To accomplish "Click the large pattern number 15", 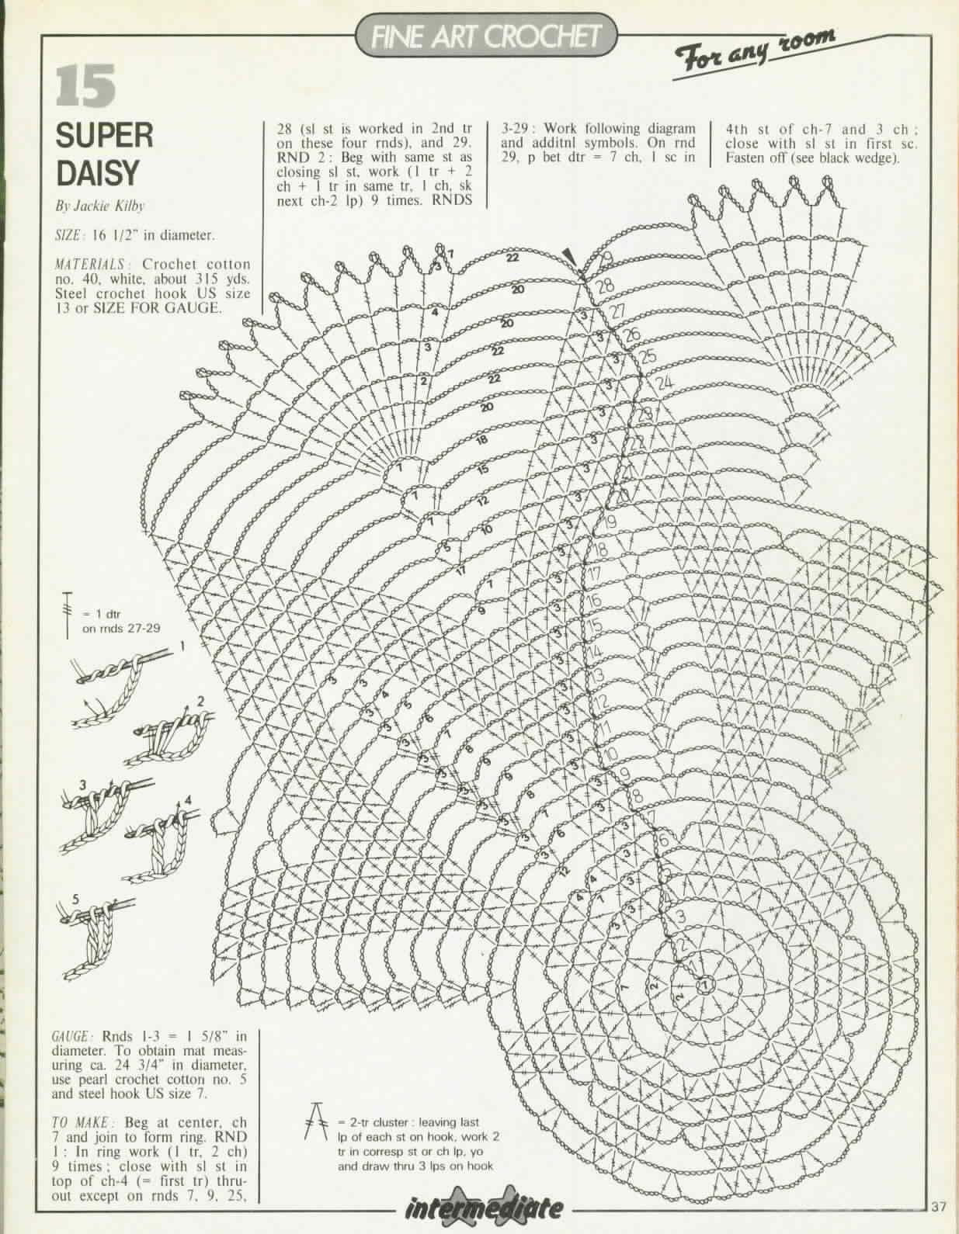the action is [86, 85].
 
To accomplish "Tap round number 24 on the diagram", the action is [665, 383].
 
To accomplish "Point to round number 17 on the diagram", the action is [596, 575].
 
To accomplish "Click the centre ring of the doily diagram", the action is [704, 985].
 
